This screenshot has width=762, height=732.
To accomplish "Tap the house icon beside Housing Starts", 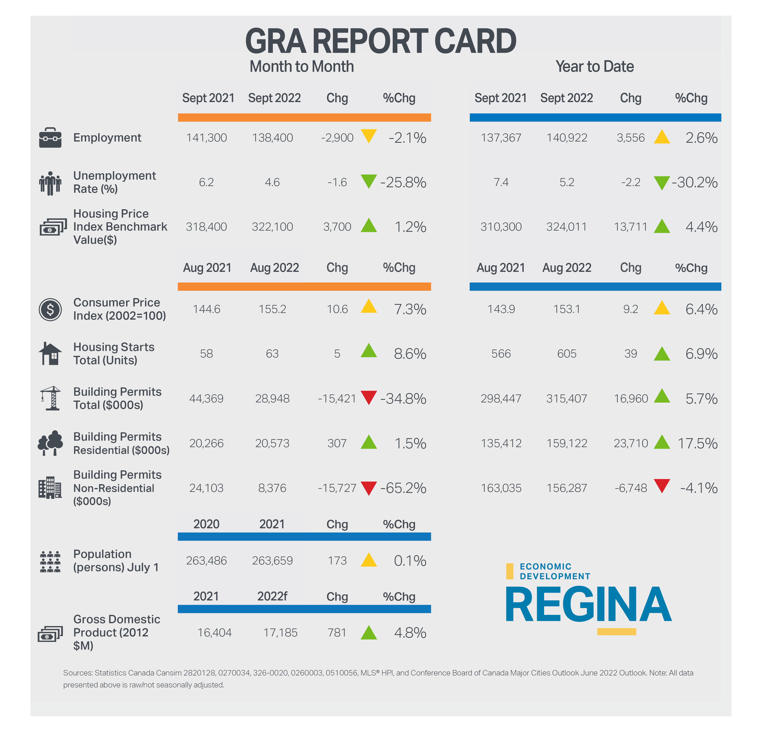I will coord(50,354).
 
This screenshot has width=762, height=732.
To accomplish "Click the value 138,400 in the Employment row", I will coord(272,138).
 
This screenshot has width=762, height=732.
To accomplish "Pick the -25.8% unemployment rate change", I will coord(403,182).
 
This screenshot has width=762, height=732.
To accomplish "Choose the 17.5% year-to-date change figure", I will coord(697,443).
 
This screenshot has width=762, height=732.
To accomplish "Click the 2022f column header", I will coord(272,596).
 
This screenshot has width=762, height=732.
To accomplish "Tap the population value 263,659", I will coord(272,561).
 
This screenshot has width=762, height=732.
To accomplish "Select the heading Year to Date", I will coord(594,66).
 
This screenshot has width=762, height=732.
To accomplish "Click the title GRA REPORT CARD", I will coord(381,41).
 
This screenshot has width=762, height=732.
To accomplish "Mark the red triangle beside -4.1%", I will coord(662,486).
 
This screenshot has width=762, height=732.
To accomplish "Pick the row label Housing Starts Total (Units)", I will coord(114,354).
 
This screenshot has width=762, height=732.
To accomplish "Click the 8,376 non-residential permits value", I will coord(272,488).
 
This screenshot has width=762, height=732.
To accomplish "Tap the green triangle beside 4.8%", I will coord(368,633).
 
